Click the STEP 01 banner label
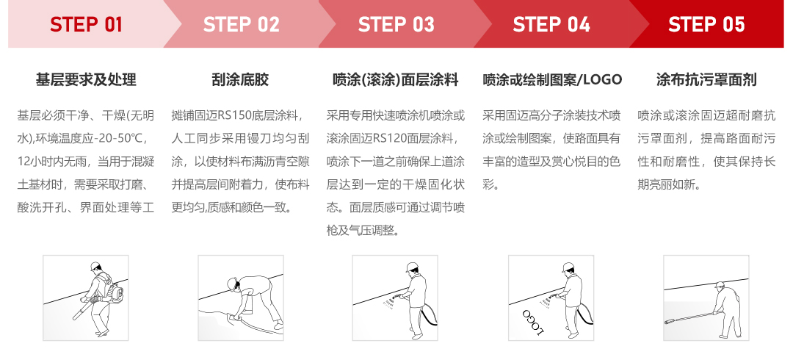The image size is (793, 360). [x=86, y=25]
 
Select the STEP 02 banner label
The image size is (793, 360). [x=242, y=25]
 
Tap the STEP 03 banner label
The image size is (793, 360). [x=396, y=25]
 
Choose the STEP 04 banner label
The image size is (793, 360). [x=551, y=25]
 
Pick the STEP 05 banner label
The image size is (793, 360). [x=706, y=25]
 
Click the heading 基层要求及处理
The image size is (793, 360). [x=86, y=79]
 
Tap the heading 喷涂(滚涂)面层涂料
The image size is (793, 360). [x=396, y=79]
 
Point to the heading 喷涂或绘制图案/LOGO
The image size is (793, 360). [x=552, y=79]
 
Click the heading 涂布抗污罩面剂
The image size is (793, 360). [x=706, y=79]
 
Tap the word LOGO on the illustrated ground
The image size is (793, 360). [x=532, y=321]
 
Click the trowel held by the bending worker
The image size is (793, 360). [x=236, y=317]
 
